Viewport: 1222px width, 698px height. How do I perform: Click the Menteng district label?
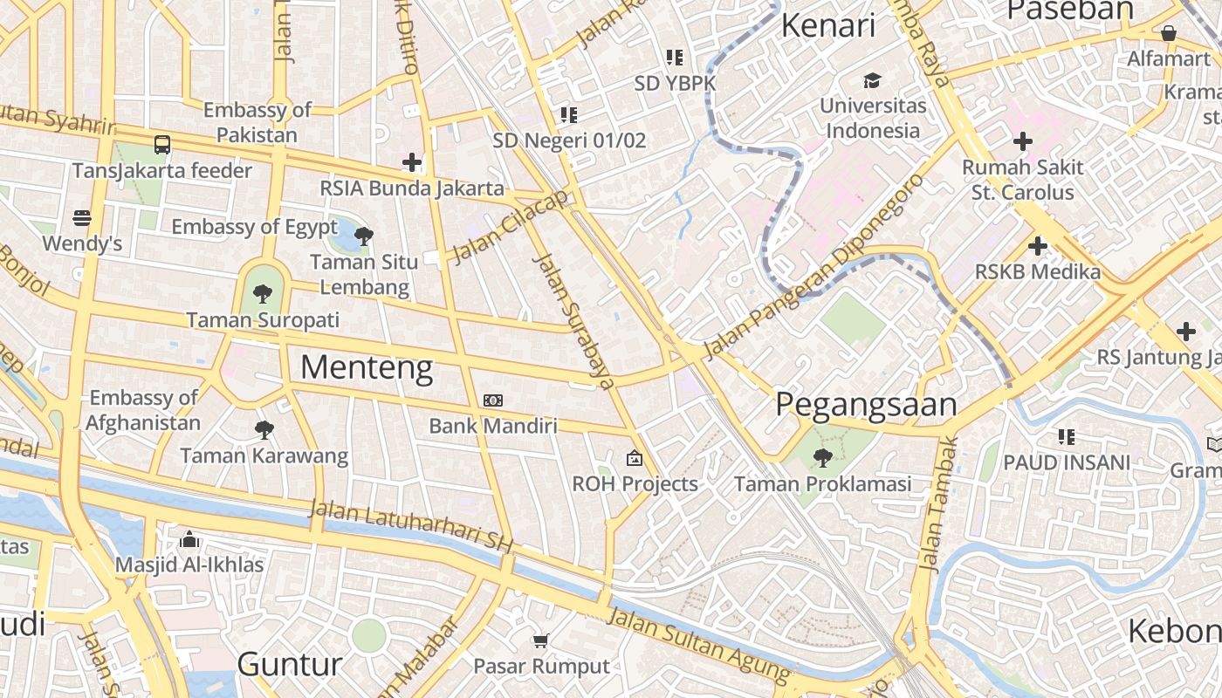[367, 368]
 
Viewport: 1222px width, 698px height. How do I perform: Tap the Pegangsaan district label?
[866, 404]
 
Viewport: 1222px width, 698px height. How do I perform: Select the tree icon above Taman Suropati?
[262, 293]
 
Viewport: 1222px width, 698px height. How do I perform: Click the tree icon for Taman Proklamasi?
[822, 457]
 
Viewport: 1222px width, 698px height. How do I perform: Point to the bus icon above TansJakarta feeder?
[162, 144]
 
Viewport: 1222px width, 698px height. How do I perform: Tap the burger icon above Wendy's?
[82, 217]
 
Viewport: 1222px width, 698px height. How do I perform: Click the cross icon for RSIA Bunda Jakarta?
[412, 161]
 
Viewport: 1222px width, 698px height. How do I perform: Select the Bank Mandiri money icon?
[493, 400]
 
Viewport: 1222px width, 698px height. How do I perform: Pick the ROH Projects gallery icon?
[635, 457]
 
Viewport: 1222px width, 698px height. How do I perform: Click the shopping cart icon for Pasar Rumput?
[541, 640]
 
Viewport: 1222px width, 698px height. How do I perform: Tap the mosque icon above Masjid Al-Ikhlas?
[189, 539]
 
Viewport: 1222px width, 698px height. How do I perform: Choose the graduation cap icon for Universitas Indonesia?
[872, 81]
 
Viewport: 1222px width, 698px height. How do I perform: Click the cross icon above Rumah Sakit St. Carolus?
[1022, 140]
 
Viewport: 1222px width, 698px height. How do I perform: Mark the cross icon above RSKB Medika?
[1037, 246]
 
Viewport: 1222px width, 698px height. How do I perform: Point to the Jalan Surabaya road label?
[573, 320]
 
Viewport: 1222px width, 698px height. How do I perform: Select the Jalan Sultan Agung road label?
[698, 647]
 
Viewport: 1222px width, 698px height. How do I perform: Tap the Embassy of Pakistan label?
[257, 122]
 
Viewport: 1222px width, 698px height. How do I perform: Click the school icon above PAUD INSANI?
[1066, 436]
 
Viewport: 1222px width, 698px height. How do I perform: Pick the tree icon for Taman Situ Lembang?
[364, 236]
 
